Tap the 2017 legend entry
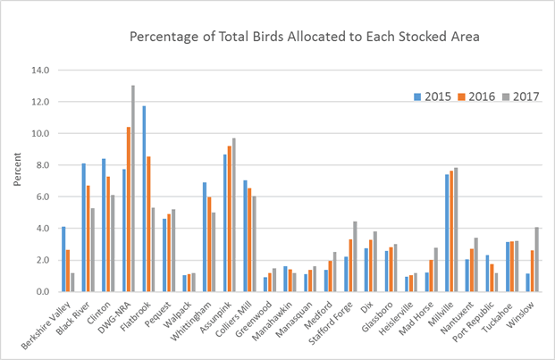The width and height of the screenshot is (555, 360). (x=515, y=96)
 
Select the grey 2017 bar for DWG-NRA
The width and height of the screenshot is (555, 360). (x=133, y=188)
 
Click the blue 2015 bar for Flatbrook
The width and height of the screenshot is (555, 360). (x=144, y=198)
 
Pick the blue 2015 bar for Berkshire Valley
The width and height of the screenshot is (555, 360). (x=63, y=259)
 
